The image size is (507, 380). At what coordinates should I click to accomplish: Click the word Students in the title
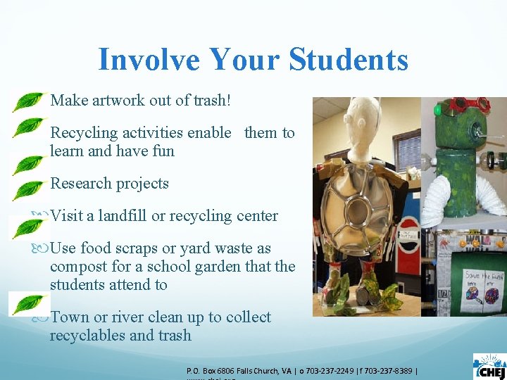click(344, 59)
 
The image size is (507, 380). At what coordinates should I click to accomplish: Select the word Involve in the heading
click(139, 59)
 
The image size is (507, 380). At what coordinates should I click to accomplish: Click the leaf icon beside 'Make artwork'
click(28, 101)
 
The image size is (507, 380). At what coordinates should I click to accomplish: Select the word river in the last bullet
click(128, 317)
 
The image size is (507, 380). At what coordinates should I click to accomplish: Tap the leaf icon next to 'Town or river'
click(28, 304)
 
